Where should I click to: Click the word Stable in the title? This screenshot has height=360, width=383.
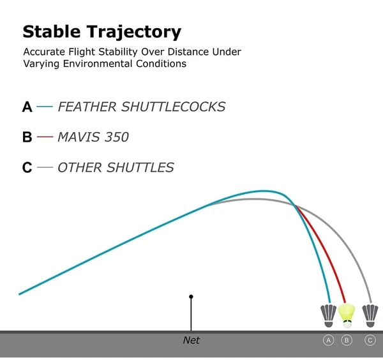[52, 31]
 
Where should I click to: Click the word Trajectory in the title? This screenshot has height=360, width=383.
[134, 33]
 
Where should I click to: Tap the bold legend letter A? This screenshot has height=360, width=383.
[27, 107]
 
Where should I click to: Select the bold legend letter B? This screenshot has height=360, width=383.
[27, 137]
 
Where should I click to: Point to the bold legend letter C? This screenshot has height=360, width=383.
[27, 167]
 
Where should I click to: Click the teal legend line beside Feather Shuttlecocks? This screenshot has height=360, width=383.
[45, 107]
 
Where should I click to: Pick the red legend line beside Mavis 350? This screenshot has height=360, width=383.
[45, 137]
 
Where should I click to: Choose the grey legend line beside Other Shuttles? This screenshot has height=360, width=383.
[45, 167]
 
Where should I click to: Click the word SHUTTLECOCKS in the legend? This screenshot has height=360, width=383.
[173, 107]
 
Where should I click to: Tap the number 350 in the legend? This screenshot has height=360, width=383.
[117, 137]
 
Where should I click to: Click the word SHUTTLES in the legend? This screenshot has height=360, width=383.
[140, 167]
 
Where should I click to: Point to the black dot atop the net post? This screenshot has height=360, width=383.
[191, 297]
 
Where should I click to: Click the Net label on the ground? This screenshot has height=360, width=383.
[191, 340]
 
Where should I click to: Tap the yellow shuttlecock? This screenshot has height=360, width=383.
[347, 315]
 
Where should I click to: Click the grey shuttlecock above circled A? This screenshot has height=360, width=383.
[329, 315]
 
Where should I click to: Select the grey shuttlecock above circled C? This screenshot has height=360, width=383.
[370, 315]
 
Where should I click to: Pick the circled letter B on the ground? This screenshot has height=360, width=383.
[347, 340]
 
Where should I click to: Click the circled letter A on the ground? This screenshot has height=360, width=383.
[329, 340]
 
